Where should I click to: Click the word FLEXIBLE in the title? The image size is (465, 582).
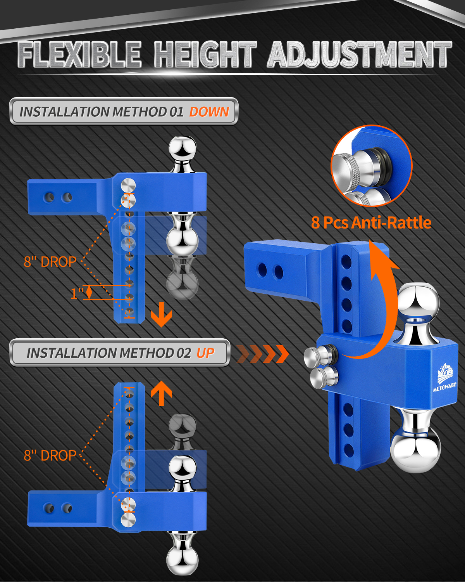click(x=79, y=55)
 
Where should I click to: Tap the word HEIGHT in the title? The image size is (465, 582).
click(x=205, y=55)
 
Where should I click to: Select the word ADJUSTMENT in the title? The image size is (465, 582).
click(x=360, y=55)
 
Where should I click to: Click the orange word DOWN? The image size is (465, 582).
click(x=209, y=112)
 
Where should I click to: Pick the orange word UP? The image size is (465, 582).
click(x=206, y=353)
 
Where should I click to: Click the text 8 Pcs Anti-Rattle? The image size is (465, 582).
click(x=371, y=223)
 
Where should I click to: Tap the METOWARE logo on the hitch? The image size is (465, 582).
click(x=445, y=378)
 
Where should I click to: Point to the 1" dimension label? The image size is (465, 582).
click(x=77, y=293)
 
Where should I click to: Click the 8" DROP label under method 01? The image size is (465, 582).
click(x=50, y=262)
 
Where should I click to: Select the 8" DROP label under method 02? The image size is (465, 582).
click(x=50, y=456)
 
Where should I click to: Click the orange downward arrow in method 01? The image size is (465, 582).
click(x=161, y=315)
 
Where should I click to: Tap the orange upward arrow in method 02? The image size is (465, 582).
click(x=161, y=393)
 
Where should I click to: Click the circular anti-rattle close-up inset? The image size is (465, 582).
click(x=372, y=166)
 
